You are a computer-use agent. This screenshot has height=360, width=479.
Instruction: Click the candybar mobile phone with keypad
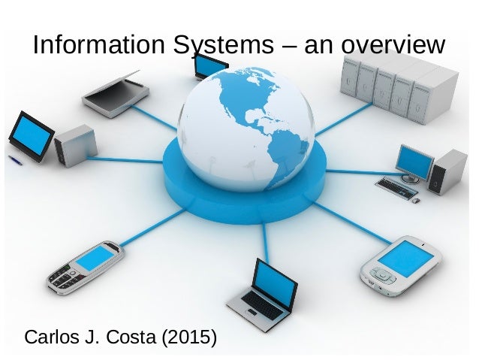click(84, 266)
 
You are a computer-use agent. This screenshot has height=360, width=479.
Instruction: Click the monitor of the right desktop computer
click(414, 161)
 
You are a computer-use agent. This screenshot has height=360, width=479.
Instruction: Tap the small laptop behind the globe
click(211, 66)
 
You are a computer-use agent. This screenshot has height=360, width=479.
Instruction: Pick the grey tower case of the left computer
click(74, 144)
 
